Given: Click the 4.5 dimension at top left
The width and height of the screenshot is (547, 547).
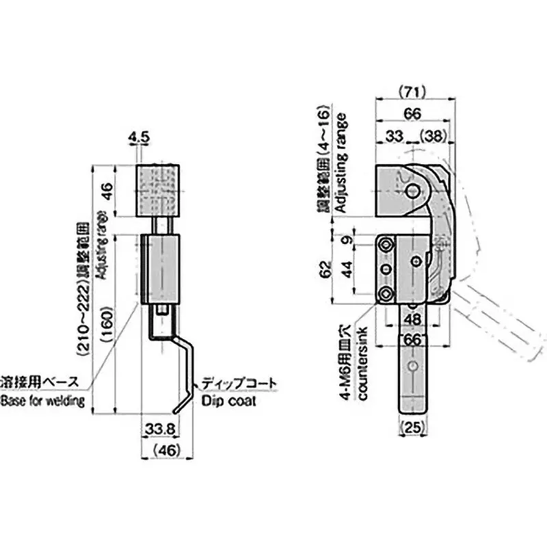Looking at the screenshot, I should pos(139,138).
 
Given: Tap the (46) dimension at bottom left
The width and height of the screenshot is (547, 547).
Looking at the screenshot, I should pos(163,450).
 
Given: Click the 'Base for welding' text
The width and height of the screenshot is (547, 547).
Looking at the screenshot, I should pos(42,401).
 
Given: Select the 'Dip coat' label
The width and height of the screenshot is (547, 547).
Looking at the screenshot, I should pos(229,401).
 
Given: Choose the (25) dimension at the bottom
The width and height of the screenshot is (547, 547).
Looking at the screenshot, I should pos(412,429).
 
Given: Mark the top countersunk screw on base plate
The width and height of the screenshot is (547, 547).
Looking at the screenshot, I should pos(387,245).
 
